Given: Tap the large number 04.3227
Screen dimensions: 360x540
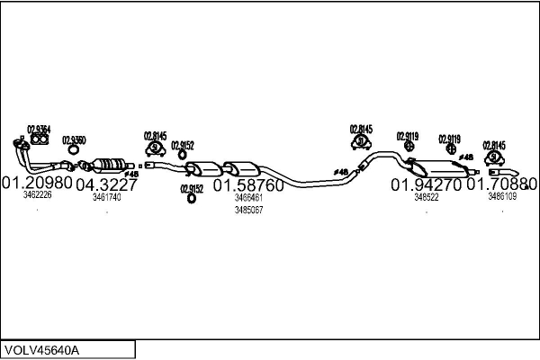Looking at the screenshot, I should pyautogui.click(x=106, y=184).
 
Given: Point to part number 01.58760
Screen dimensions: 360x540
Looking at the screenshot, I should pyautogui.click(x=248, y=185).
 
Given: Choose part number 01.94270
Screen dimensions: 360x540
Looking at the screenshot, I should pyautogui.click(x=426, y=184).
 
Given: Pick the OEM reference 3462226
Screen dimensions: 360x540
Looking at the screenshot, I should pyautogui.click(x=37, y=195).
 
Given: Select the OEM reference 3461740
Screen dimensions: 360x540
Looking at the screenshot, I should pyautogui.click(x=106, y=196).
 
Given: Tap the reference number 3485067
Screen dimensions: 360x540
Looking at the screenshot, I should pyautogui.click(x=248, y=210).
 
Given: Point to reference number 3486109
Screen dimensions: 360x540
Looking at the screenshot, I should pyautogui.click(x=502, y=196).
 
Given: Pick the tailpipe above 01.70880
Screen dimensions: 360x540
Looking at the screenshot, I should pyautogui.click(x=504, y=171).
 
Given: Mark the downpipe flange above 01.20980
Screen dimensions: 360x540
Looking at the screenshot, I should pyautogui.click(x=19, y=144).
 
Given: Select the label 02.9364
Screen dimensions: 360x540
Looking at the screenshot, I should pyautogui.click(x=39, y=129).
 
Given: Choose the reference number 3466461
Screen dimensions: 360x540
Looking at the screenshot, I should pyautogui.click(x=248, y=197).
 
